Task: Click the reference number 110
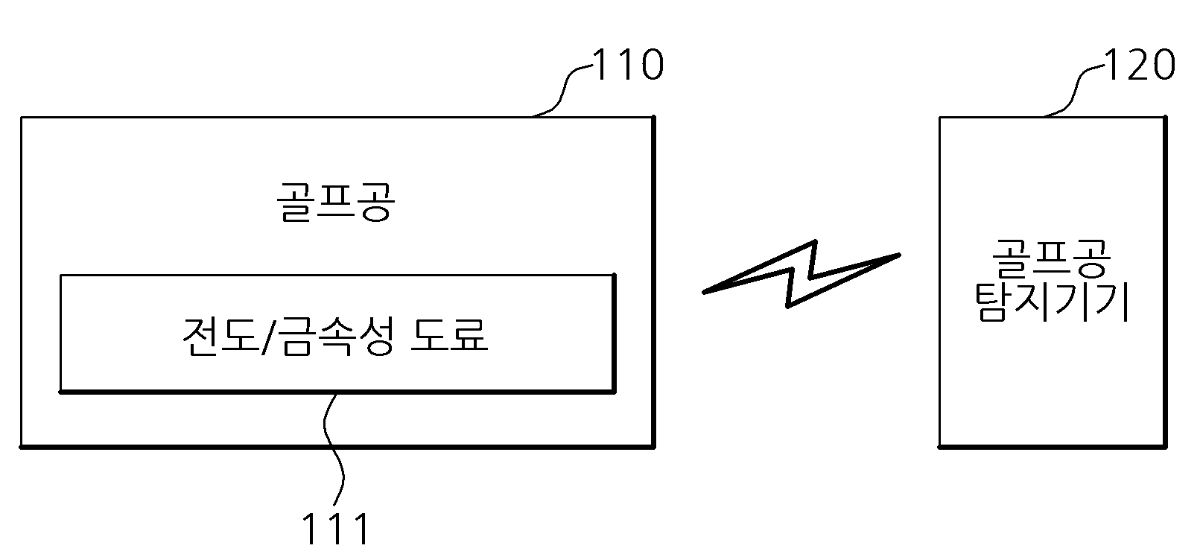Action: (x=628, y=65)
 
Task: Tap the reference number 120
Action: (x=1140, y=65)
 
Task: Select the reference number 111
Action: (x=336, y=529)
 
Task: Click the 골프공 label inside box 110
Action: (x=336, y=202)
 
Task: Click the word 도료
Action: (x=449, y=335)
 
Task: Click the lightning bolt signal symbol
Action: (x=801, y=274)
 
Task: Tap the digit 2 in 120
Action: (x=1139, y=65)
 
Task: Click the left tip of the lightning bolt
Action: (x=704, y=293)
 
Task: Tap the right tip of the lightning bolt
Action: (x=900, y=255)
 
